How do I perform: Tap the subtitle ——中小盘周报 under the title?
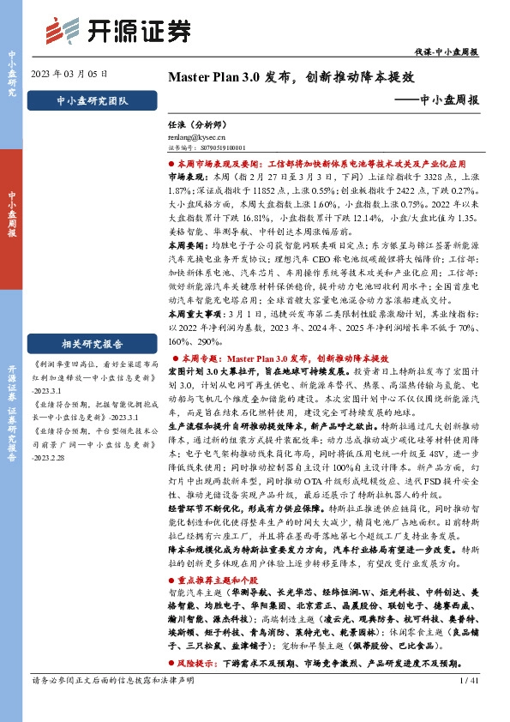pyautogui.click(x=442, y=99)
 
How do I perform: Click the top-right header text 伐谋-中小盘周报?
pyautogui.click(x=452, y=52)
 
